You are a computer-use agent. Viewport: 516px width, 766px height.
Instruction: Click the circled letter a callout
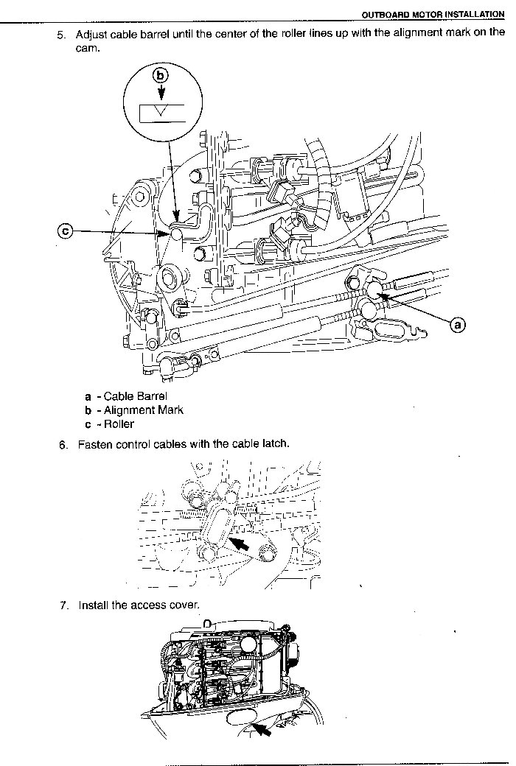click(458, 324)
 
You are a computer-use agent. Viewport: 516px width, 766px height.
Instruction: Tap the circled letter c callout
click(66, 231)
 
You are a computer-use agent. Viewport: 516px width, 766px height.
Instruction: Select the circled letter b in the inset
click(161, 74)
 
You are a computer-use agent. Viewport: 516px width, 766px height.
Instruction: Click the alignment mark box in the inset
click(160, 113)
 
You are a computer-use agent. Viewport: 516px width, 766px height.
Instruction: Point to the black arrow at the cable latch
click(242, 544)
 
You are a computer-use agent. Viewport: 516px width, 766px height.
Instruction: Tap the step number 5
click(62, 35)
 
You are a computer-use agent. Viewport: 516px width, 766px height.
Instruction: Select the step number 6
click(63, 444)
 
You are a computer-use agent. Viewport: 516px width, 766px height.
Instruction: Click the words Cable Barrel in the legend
click(136, 396)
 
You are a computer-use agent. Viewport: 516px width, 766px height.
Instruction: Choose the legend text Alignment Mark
click(144, 410)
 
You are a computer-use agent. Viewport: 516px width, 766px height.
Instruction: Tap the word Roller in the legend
click(119, 424)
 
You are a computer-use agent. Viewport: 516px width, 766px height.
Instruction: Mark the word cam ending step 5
click(88, 48)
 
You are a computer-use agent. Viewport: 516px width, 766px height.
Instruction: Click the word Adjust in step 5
click(91, 35)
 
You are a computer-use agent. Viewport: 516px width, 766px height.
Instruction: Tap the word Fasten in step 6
click(96, 444)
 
